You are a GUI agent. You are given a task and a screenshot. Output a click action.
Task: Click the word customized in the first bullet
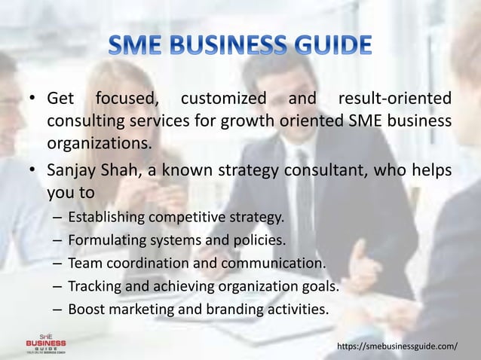click(224, 99)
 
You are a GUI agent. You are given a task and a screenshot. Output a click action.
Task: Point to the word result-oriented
click(395, 99)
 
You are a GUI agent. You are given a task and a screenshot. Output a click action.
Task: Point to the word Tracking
click(92, 286)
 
